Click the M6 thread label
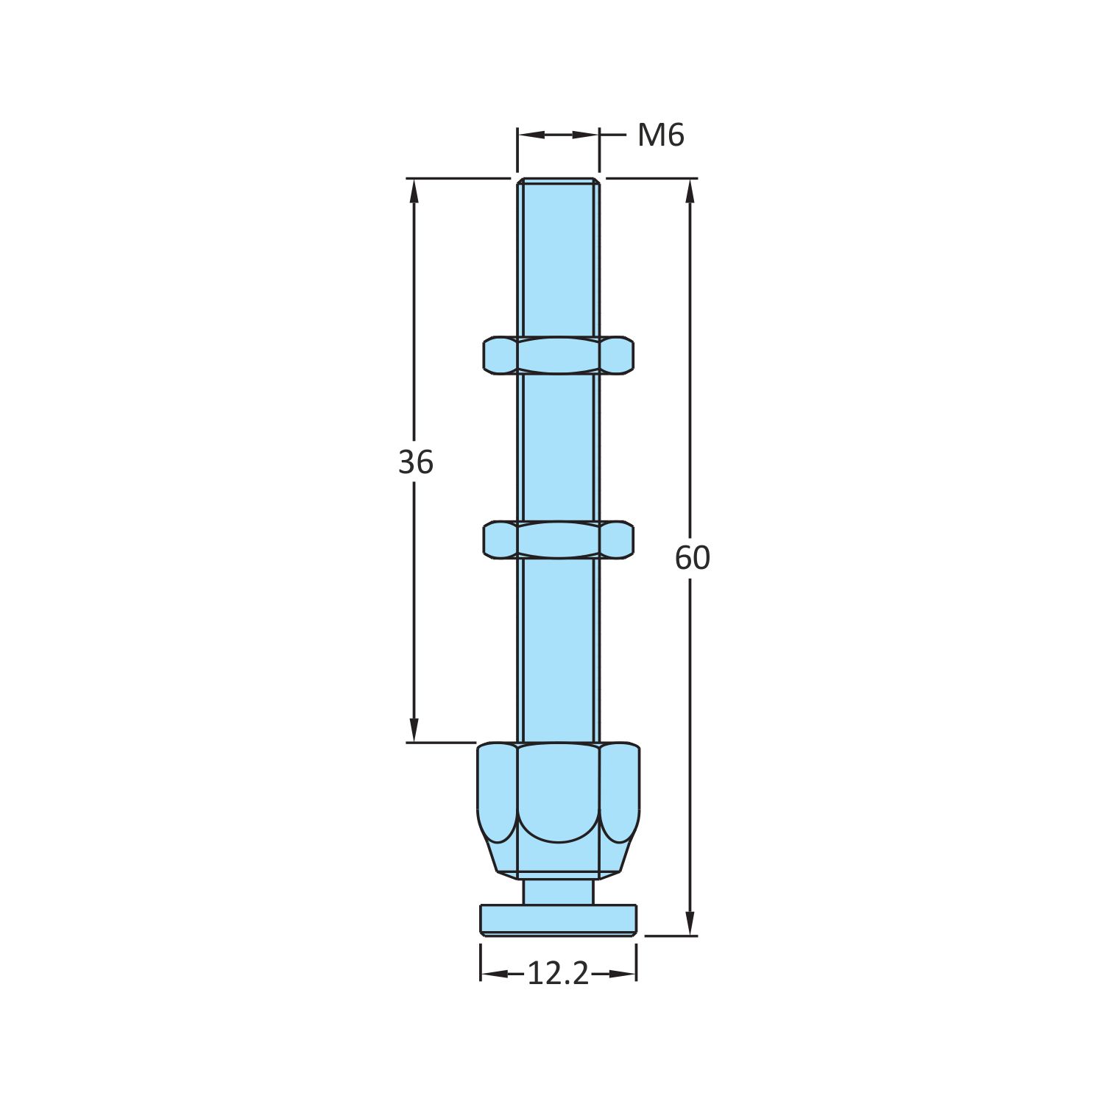(x=661, y=135)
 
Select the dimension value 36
(x=416, y=463)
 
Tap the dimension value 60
(x=693, y=559)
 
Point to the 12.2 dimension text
(x=559, y=975)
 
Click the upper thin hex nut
(x=559, y=356)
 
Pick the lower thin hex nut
(x=559, y=540)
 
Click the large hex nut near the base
(x=559, y=810)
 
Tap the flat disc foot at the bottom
(x=559, y=920)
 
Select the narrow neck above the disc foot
(x=559, y=892)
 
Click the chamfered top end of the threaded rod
(x=559, y=181)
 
